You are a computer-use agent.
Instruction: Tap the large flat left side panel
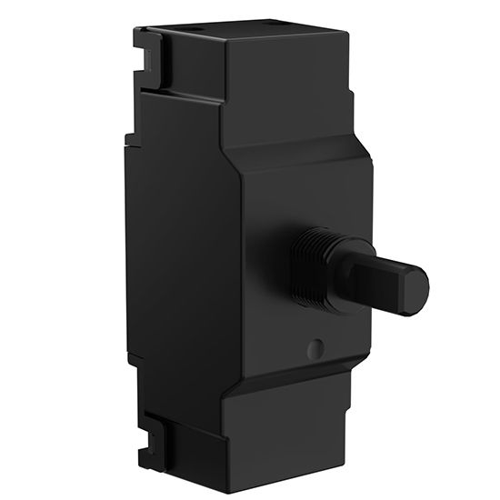(182, 255)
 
